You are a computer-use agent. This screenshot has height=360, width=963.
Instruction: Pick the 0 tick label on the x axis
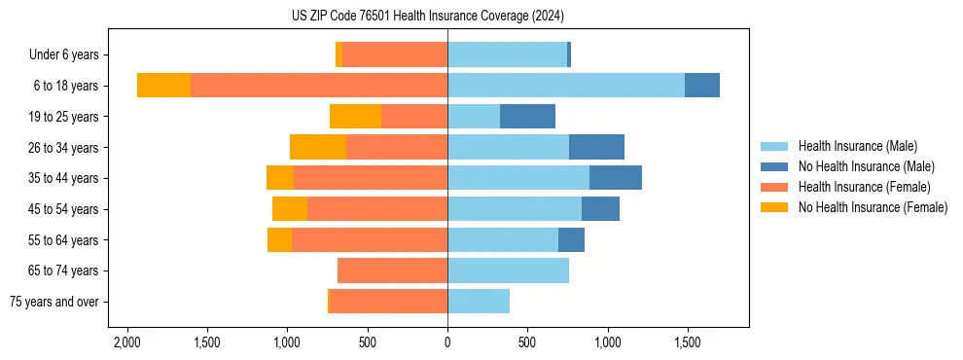coord(447,343)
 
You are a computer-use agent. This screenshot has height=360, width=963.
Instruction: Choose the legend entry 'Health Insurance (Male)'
coord(857,146)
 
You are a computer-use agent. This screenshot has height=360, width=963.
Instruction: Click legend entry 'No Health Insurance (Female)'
coord(873,207)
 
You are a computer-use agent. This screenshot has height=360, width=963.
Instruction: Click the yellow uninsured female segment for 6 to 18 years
coord(163,86)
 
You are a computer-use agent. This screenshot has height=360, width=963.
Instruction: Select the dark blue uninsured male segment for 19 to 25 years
coord(527,117)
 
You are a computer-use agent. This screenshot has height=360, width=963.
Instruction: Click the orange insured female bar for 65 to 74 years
coord(392,270)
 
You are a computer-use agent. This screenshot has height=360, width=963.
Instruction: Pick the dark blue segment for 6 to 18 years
coord(701,86)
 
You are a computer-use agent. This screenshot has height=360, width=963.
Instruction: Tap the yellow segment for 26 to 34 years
coord(318,147)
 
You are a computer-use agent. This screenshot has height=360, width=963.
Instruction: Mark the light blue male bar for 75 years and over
coord(479,302)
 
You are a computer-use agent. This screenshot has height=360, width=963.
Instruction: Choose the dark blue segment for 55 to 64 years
coord(571,239)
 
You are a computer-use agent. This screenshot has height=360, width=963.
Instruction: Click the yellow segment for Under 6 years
coord(339,55)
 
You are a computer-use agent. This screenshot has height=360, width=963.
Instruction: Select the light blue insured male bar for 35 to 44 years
coord(518,178)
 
